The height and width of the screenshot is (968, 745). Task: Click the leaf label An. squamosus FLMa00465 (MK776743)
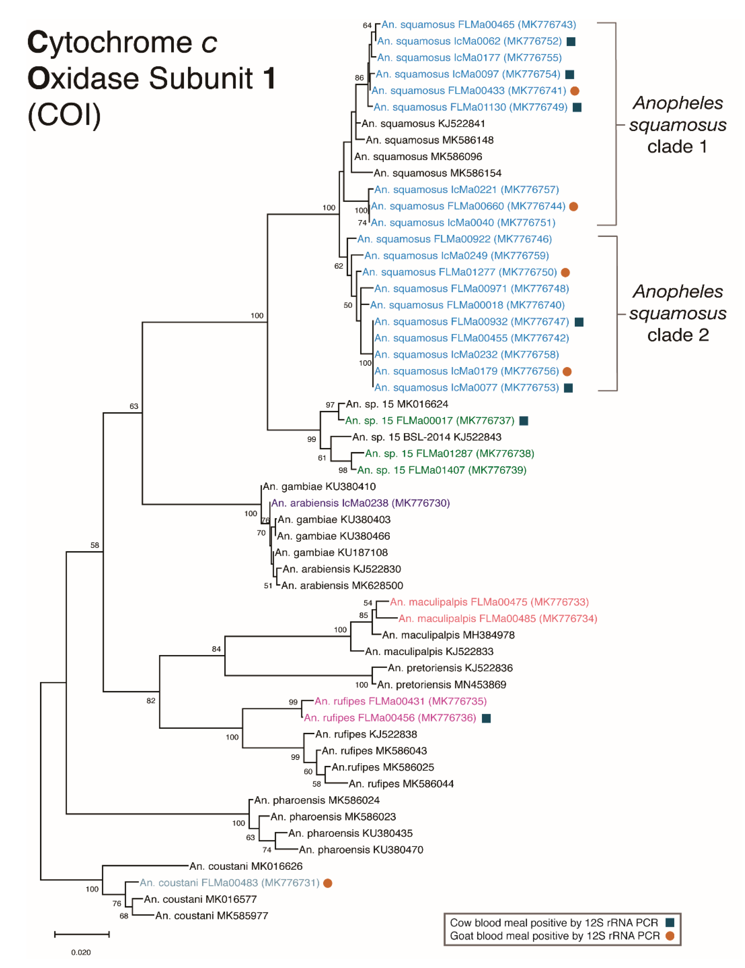(478, 25)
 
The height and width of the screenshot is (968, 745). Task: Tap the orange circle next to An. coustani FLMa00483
(328, 883)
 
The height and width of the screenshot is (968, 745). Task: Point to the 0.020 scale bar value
(81, 952)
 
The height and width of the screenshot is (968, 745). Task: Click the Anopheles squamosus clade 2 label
(678, 313)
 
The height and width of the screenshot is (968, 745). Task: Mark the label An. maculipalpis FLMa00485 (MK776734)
(498, 619)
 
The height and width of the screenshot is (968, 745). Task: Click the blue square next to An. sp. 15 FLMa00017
(524, 421)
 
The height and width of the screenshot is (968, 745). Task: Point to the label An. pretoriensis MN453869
(442, 685)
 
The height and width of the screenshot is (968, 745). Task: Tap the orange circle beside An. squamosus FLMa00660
(573, 206)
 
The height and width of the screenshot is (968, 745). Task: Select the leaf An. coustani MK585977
(212, 916)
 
